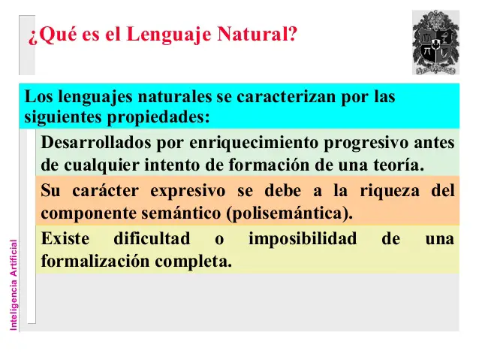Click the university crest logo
pyautogui.click(x=435, y=43)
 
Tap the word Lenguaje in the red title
pyautogui.click(x=168, y=35)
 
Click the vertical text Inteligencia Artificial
pyautogui.click(x=14, y=285)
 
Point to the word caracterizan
pyautogui.click(x=286, y=97)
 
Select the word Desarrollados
pyautogui.click(x=96, y=143)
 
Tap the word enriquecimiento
pyautogui.click(x=254, y=143)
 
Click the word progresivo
pyautogui.click(x=366, y=143)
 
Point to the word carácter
pyautogui.click(x=105, y=191)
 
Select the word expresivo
pyautogui.click(x=188, y=192)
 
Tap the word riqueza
pyautogui.click(x=390, y=191)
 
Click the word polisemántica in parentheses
pyautogui.click(x=287, y=213)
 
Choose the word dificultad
pyautogui.click(x=152, y=238)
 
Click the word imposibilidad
pyautogui.click(x=303, y=239)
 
